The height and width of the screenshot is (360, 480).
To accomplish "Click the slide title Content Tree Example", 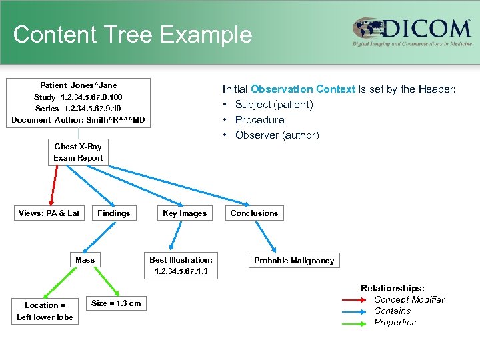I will tap(132, 35).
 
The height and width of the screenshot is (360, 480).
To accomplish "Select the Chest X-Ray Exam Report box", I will tap(79, 152).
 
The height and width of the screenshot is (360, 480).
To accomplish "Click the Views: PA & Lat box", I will tap(49, 213).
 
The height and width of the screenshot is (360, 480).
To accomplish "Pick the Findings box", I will tap(114, 213).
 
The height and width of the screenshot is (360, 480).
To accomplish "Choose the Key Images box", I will tap(185, 213).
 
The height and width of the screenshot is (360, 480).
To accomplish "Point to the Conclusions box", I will tap(254, 213).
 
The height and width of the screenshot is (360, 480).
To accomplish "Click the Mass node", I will tap(85, 260).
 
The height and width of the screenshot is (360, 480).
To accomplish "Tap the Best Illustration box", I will tap(181, 265).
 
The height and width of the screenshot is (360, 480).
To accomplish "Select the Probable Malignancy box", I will tap(294, 261).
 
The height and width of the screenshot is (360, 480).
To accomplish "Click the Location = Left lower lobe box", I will tap(45, 311).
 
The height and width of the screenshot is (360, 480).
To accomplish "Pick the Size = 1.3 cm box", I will tap(116, 303).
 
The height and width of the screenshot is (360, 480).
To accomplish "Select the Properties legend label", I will tap(395, 323).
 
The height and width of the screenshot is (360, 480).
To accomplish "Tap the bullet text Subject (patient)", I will tap(273, 105).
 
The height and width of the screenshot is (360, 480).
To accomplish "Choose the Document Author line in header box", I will tap(77, 120).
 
